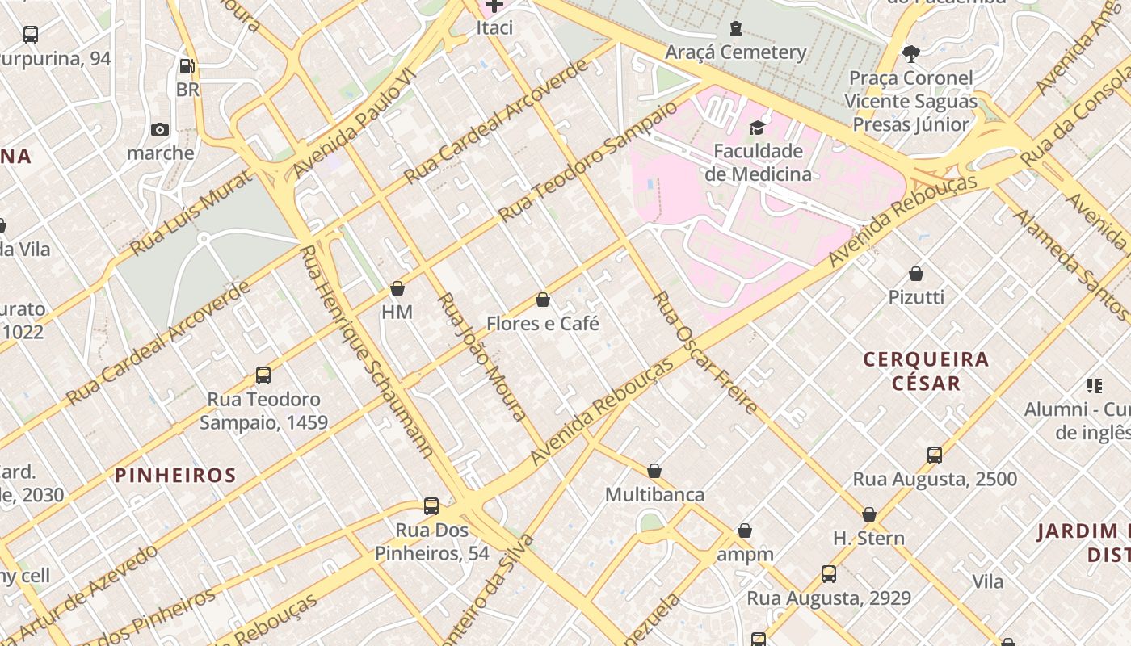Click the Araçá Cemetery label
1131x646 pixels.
click(735, 52)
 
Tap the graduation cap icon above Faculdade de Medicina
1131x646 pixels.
click(757, 128)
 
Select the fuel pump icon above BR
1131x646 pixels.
click(187, 66)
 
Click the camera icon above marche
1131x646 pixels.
click(160, 129)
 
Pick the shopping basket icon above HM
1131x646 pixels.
click(397, 288)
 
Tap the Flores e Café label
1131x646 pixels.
click(543, 324)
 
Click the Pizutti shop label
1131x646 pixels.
click(916, 297)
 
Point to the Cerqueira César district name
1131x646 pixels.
click(926, 371)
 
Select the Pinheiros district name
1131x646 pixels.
click(175, 475)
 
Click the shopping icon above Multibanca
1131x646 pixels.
click(654, 471)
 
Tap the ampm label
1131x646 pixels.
click(745, 554)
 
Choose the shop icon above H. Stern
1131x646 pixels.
click(869, 514)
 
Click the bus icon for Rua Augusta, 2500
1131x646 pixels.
click(935, 455)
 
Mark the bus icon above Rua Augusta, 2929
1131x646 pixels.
click(829, 574)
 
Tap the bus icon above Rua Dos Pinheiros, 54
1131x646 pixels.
click(431, 506)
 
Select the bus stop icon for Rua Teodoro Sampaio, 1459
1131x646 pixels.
click(263, 375)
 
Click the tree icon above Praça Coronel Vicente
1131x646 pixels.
click(911, 54)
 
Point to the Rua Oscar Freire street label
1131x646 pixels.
click(704, 352)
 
